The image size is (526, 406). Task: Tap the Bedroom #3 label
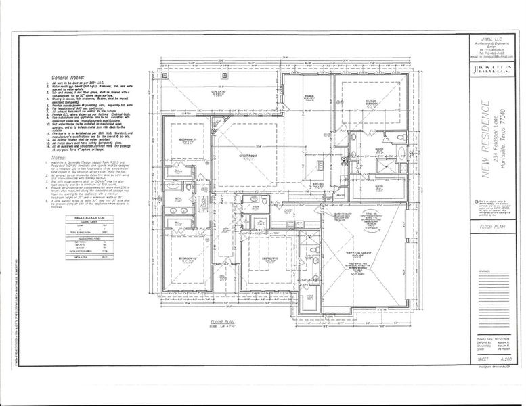click(x=270, y=258)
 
